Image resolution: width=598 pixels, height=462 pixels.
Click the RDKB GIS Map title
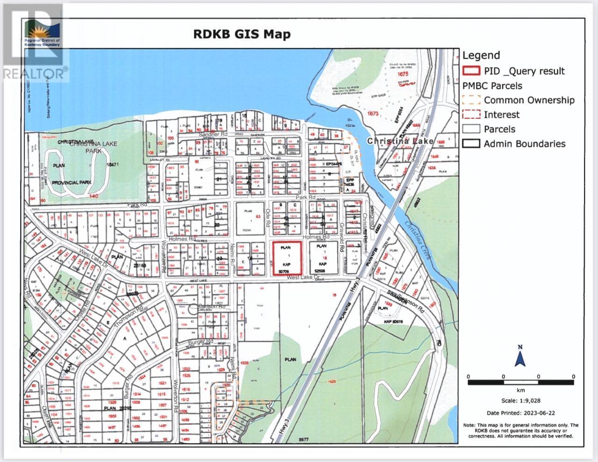(x=242, y=34)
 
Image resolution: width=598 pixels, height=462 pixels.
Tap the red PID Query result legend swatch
(x=471, y=71)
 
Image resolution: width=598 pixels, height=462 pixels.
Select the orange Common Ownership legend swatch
(x=471, y=100)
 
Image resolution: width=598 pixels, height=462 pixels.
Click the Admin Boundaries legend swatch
(x=471, y=144)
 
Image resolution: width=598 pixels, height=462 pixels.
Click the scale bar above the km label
(x=521, y=383)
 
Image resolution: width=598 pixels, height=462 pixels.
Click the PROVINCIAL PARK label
(x=71, y=182)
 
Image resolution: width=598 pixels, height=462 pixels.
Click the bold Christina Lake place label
(x=400, y=141)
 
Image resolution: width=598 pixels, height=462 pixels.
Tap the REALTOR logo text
(x=33, y=73)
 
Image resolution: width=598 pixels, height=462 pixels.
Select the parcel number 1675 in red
(x=403, y=74)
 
